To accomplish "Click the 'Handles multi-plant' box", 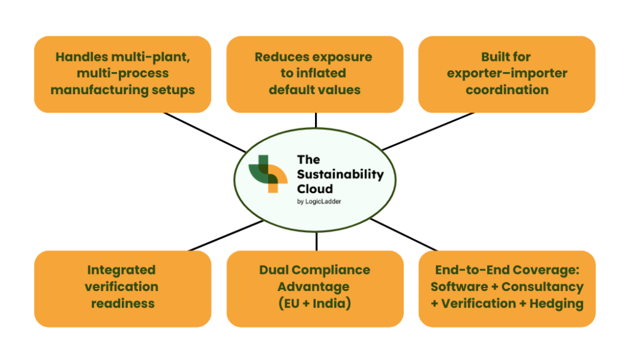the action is pyautogui.click(x=122, y=74).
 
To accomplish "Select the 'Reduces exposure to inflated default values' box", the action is pyautogui.click(x=315, y=74).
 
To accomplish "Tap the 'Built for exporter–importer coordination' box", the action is pyautogui.click(x=507, y=74).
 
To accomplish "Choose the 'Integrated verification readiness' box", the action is pyautogui.click(x=122, y=289).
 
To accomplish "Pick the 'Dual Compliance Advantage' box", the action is pyautogui.click(x=315, y=289).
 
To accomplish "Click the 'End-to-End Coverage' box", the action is pyautogui.click(x=507, y=289).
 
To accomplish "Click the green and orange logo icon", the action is pyautogui.click(x=268, y=174).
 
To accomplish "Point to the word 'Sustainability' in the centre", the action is pyautogui.click(x=340, y=175).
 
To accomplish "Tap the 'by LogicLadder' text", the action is pyautogui.click(x=319, y=202).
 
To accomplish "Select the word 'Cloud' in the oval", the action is pyautogui.click(x=315, y=189).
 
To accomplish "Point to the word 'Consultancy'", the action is pyautogui.click(x=543, y=287).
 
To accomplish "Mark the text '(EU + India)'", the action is pyautogui.click(x=314, y=303).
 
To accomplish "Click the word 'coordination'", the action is pyautogui.click(x=507, y=90).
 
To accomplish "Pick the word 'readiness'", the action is pyautogui.click(x=122, y=303).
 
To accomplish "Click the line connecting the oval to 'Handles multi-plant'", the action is pyautogui.click(x=205, y=132).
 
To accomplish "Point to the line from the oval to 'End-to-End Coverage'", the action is pyautogui.click(x=404, y=235).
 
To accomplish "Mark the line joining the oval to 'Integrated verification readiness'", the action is pyautogui.click(x=226, y=236).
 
